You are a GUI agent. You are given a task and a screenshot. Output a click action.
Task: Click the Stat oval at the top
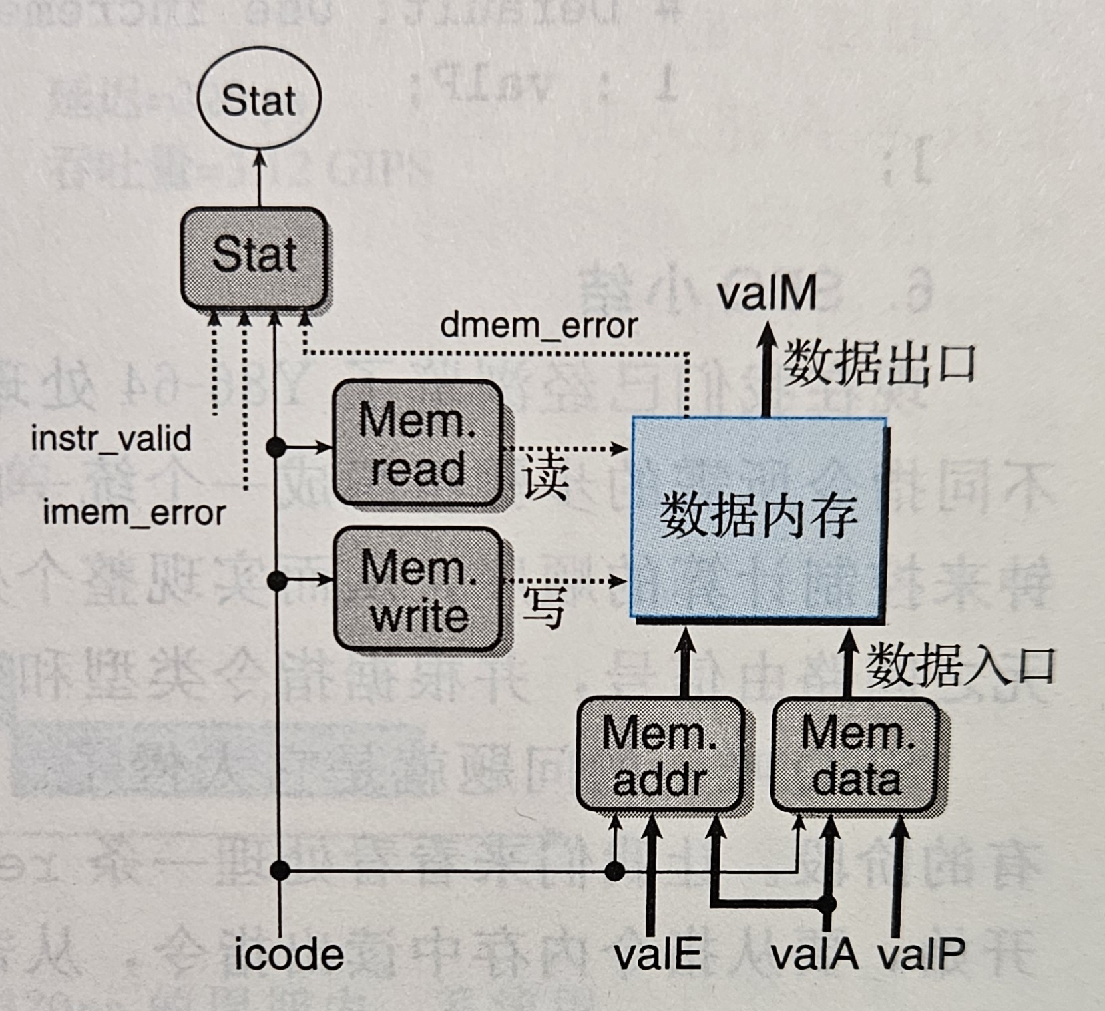(x=259, y=99)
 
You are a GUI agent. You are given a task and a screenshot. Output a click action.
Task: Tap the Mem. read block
(x=417, y=443)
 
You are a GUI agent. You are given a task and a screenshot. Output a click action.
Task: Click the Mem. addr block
(x=659, y=755)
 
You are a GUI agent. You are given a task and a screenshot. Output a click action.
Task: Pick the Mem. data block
(x=856, y=755)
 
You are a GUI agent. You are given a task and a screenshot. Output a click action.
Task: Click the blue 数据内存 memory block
(x=758, y=518)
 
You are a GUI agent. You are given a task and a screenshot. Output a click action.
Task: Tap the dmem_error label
(x=539, y=326)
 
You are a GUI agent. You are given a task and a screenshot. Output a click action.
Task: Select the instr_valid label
(x=111, y=439)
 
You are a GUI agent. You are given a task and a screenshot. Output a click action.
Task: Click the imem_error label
(x=134, y=513)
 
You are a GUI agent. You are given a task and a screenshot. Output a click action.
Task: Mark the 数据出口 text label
(x=879, y=365)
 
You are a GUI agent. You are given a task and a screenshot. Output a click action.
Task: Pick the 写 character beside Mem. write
(x=544, y=607)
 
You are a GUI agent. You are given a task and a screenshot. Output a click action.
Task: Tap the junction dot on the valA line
(x=827, y=904)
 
